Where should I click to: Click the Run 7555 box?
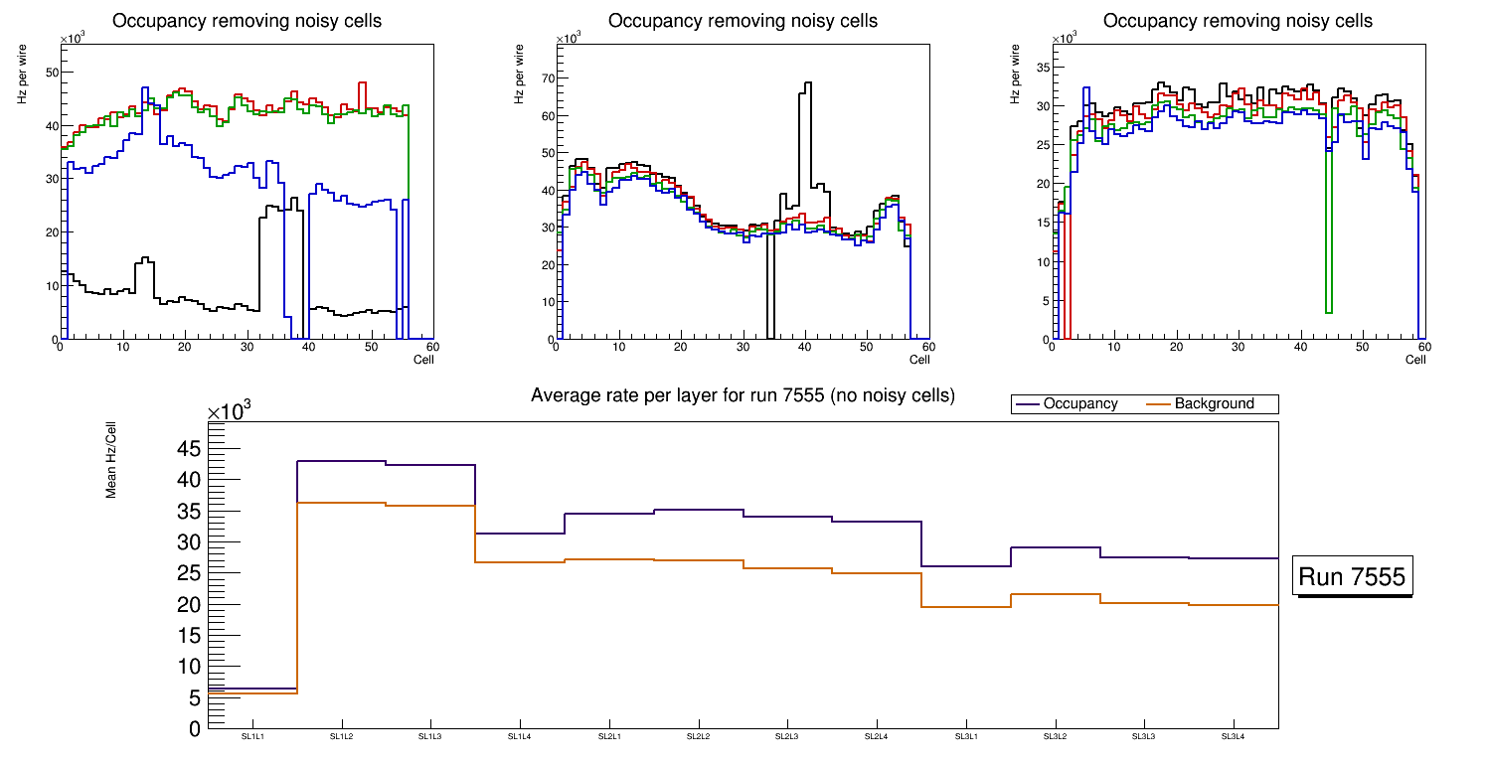coord(1352,577)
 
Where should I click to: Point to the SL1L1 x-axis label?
coord(252,737)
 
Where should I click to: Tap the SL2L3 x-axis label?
coord(787,737)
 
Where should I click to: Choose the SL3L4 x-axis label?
coord(1234,737)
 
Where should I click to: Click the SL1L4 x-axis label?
coord(520,737)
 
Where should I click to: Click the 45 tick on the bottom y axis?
coord(189,449)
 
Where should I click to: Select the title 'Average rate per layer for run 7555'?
coord(743,395)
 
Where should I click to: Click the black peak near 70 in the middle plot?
coord(807,83)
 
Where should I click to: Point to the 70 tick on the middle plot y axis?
coord(546,77)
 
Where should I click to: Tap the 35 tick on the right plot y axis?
coord(1043,68)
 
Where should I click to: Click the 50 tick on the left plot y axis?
coord(52,73)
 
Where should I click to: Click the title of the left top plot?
coord(247,21)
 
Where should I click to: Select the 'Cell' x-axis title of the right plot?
coord(1415,360)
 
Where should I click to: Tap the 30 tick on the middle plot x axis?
coord(743,347)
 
